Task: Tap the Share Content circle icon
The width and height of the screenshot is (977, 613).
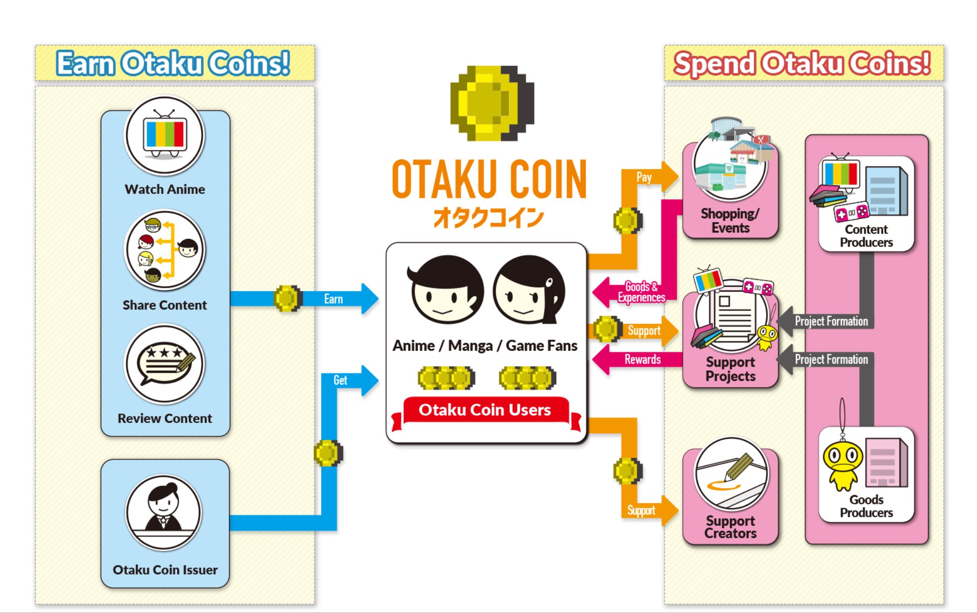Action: click(x=165, y=250)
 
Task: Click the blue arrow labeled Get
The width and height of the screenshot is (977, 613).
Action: click(x=345, y=381)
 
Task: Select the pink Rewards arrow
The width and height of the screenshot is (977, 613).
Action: click(x=639, y=359)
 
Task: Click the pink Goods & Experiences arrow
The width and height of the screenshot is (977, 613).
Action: click(x=636, y=292)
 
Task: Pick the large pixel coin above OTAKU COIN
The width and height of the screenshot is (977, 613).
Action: click(x=492, y=103)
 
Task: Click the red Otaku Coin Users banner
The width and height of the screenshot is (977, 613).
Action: click(x=485, y=410)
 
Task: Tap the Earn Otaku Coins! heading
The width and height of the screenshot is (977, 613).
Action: click(x=173, y=64)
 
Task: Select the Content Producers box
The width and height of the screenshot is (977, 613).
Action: click(x=866, y=204)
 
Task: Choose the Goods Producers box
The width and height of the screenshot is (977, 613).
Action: click(x=866, y=474)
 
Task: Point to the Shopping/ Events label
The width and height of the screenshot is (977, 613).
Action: click(x=730, y=221)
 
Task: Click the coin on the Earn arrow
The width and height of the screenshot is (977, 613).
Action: click(x=287, y=299)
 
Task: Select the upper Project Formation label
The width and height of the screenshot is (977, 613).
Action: click(x=831, y=321)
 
